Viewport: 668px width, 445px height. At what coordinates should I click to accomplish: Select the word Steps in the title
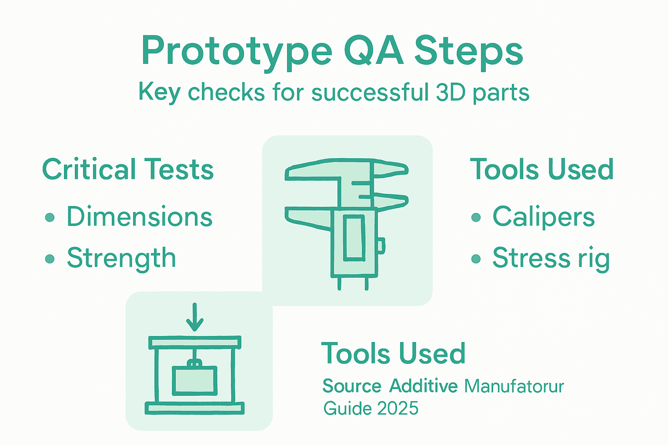468,52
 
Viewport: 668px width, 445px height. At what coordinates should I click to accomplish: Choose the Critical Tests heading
128,169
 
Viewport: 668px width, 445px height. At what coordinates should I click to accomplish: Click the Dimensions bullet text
139,217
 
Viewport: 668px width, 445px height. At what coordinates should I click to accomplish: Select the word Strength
121,258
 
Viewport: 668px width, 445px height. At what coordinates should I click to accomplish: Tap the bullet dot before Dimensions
50,217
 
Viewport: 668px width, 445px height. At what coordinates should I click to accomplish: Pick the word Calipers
543,217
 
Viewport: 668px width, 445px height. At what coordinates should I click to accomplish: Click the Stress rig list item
551,258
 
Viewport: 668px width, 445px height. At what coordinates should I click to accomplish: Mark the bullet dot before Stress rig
476,259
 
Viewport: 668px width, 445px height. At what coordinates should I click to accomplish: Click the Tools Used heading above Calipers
542,169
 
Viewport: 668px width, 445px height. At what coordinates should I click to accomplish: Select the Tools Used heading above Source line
393,353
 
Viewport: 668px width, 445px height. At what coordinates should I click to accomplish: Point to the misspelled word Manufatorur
514,386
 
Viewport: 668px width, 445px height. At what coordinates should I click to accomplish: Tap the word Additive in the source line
423,386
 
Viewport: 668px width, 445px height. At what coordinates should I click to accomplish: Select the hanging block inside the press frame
194,381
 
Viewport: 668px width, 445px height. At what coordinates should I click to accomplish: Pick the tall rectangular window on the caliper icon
354,238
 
